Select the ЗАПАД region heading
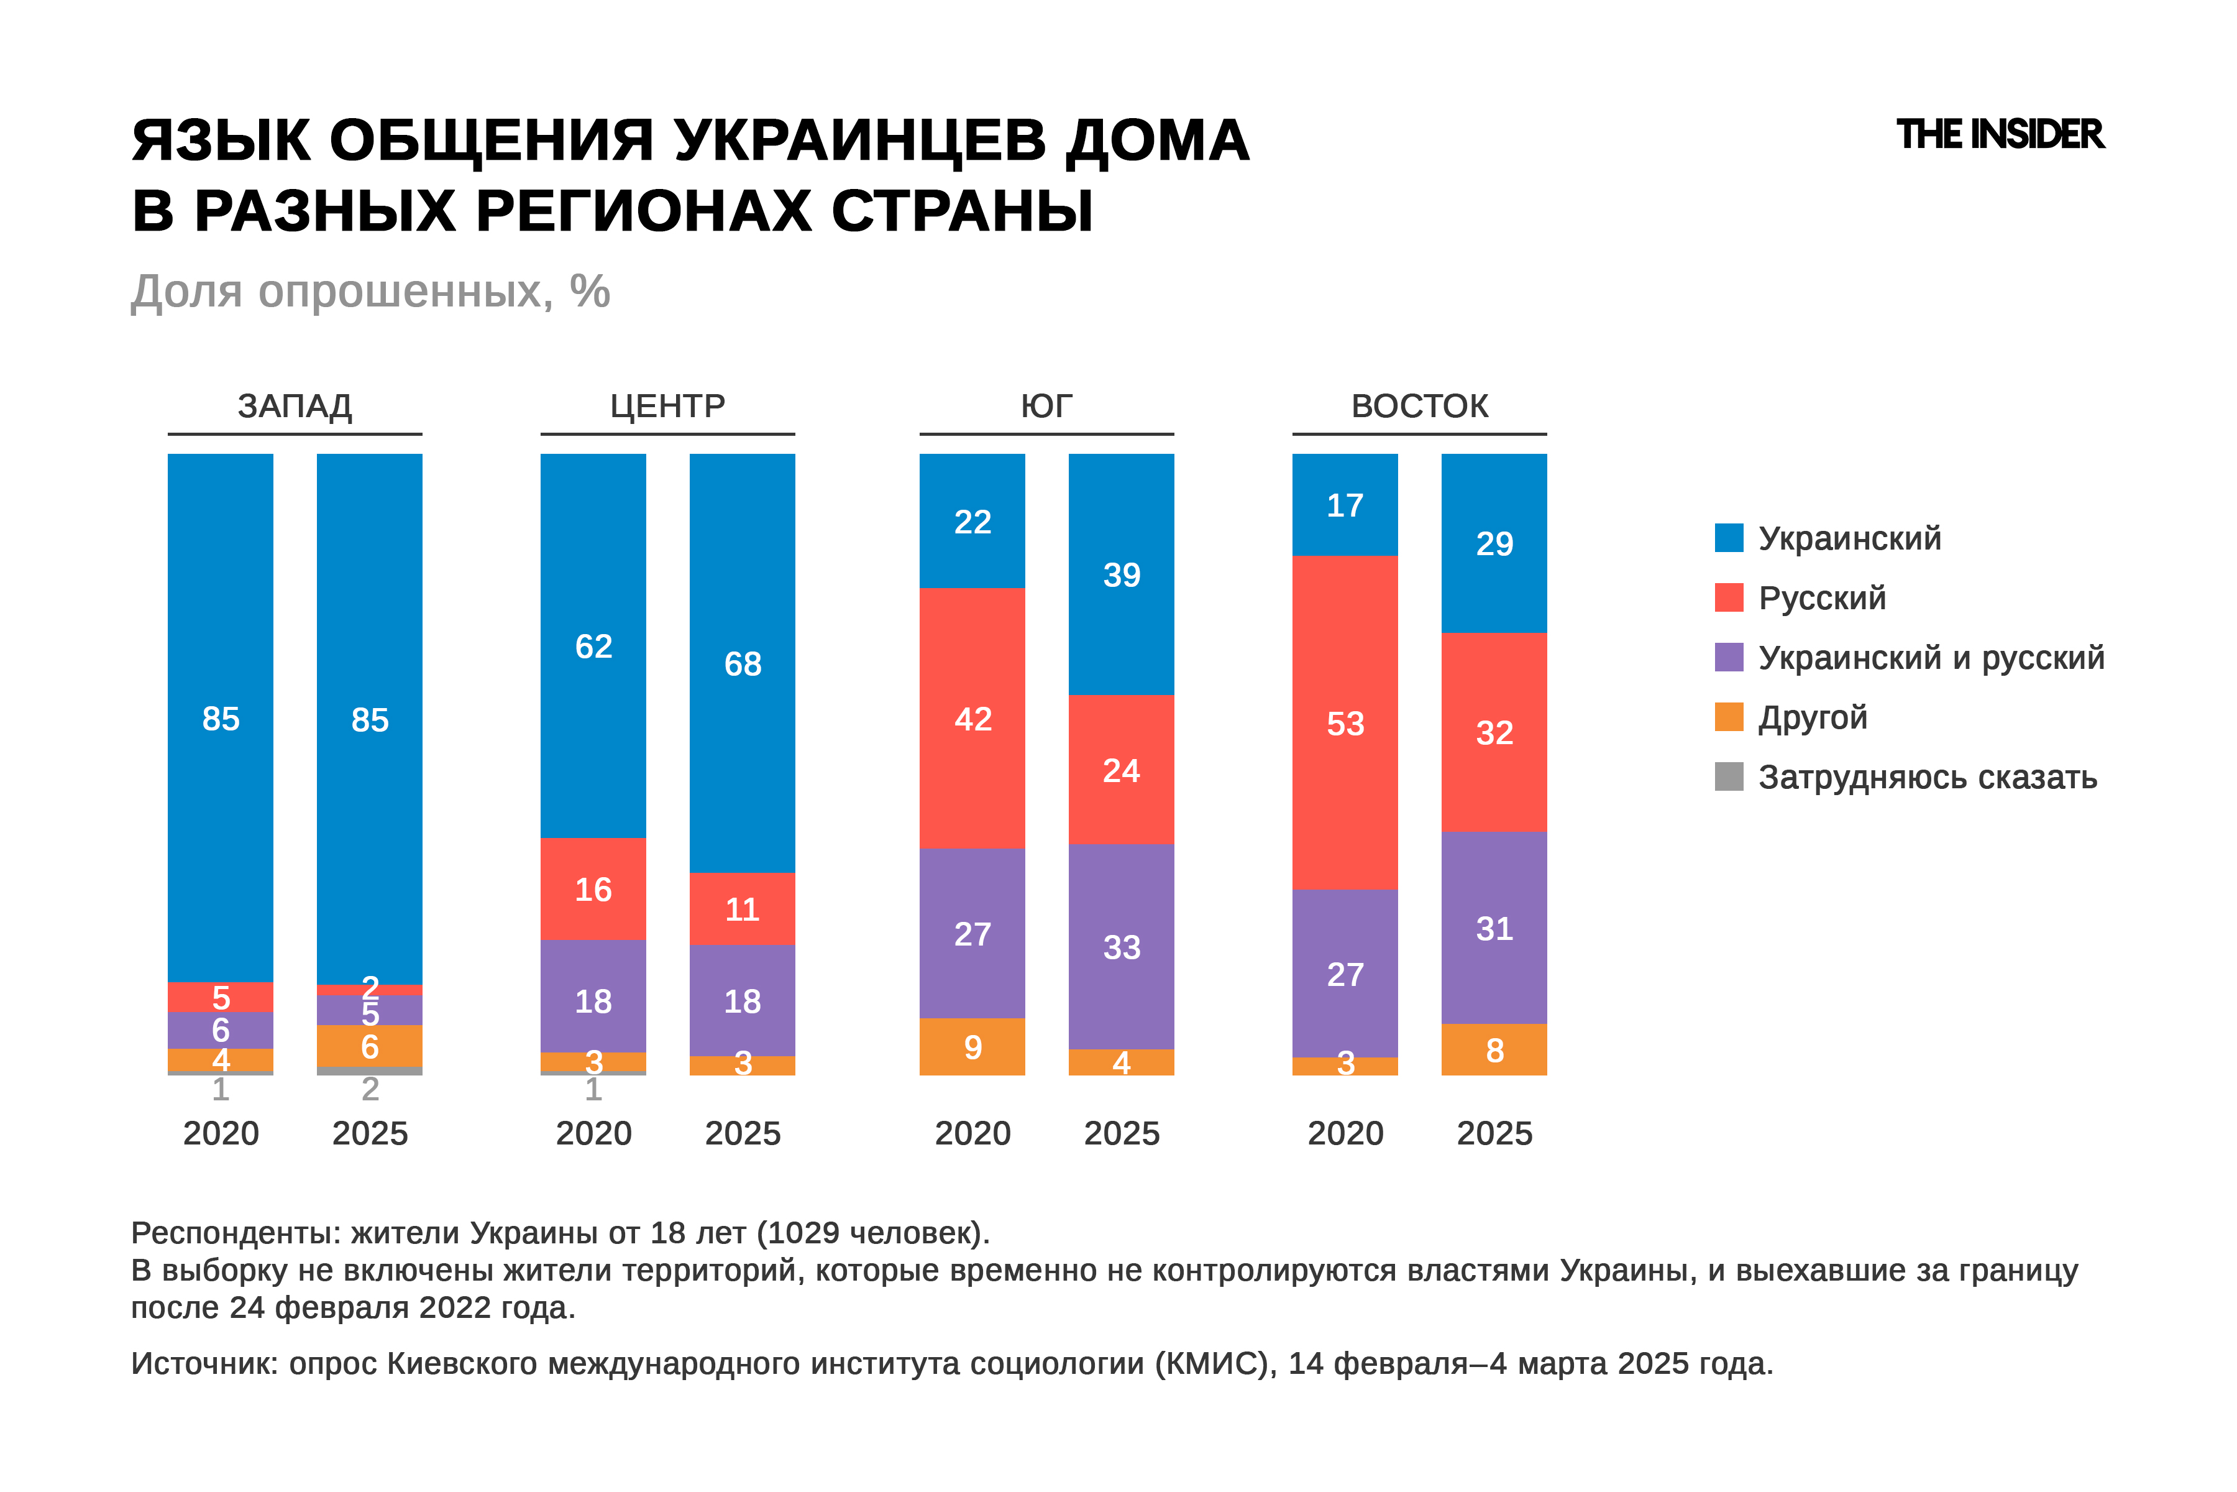coord(295,407)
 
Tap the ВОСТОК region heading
coord(1419,407)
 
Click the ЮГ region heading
coord(1046,407)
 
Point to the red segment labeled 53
coord(1345,723)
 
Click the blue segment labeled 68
coord(742,663)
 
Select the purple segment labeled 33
coord(1122,947)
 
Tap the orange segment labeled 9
coord(972,1047)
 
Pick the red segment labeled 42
coord(972,719)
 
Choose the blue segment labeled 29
coord(1494,543)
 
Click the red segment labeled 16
coord(593,889)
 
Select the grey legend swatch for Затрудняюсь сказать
coord(1728,776)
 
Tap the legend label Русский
coord(1821,597)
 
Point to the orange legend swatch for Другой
coord(1728,717)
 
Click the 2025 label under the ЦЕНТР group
coord(742,1133)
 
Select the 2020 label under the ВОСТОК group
coord(1345,1133)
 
